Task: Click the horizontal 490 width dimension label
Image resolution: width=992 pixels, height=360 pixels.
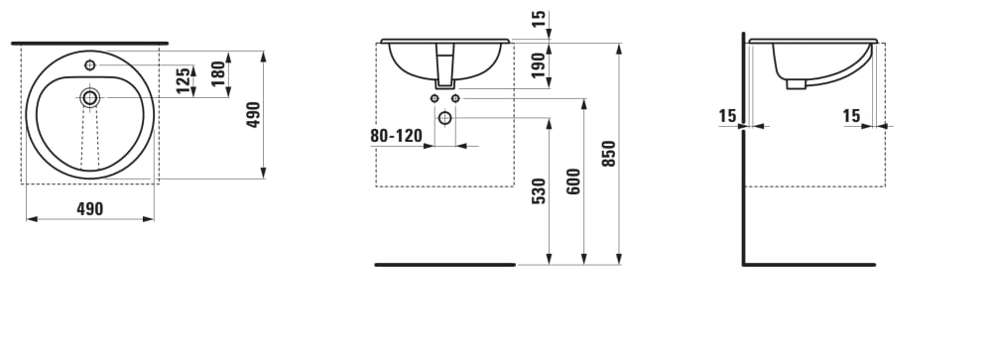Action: [90, 209]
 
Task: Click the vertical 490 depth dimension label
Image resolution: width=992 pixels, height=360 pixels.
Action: [254, 114]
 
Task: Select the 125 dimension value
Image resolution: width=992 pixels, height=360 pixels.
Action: [183, 81]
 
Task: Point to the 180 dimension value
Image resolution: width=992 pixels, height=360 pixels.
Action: [218, 73]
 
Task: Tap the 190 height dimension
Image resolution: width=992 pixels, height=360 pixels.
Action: [539, 64]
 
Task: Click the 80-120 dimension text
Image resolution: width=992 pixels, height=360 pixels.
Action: [396, 136]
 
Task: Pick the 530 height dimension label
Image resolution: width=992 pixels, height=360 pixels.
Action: [539, 190]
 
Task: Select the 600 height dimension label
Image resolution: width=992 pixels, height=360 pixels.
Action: [573, 180]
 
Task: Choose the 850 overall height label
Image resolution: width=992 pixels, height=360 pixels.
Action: [609, 153]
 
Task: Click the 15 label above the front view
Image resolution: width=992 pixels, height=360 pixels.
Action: [539, 19]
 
